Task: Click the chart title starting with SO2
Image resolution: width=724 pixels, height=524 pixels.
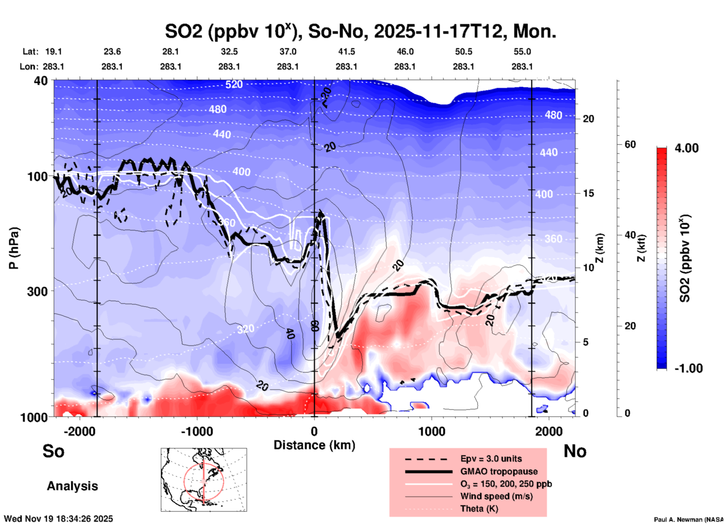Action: [360, 32]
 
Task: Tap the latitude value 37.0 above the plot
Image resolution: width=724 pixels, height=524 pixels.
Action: [288, 52]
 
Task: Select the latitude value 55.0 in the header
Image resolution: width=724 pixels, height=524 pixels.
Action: [522, 52]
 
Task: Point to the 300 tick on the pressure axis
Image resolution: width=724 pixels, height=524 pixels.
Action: [38, 291]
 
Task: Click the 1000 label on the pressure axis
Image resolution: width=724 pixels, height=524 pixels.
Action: [34, 417]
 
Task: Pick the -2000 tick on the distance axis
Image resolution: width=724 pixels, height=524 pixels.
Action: [80, 432]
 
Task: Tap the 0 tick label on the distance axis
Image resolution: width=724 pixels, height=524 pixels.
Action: [314, 432]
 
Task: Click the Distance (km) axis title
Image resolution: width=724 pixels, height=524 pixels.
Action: [314, 445]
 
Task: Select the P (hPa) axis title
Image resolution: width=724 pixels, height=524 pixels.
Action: [14, 248]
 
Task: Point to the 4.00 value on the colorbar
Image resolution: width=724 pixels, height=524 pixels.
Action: [686, 148]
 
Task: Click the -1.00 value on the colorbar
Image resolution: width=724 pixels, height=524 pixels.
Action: [688, 368]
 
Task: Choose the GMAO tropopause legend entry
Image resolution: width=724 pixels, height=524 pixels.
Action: [499, 471]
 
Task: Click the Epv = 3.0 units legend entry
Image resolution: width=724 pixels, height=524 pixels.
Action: [491, 459]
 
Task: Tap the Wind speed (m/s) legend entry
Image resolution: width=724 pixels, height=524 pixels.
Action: [496, 496]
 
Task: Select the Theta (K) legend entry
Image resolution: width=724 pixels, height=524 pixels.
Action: [479, 509]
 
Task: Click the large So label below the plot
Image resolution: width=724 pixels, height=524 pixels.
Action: [53, 451]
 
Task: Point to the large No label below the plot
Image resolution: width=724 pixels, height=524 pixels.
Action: [575, 451]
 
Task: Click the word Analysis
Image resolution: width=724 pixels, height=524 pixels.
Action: [72, 486]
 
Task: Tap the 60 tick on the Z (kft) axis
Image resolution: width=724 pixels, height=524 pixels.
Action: [630, 145]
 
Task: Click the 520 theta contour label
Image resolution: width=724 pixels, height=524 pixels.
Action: [234, 85]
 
